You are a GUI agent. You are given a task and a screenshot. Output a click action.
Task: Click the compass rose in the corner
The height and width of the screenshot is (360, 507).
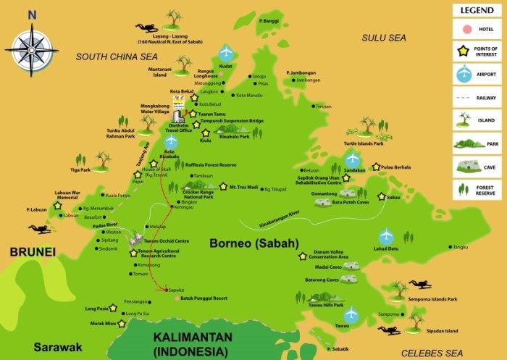coord(31,49)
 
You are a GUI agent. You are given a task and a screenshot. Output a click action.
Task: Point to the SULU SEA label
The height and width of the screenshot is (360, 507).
coord(385,36)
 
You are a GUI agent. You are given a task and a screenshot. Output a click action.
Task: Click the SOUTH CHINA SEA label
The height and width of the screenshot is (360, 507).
coord(117,56)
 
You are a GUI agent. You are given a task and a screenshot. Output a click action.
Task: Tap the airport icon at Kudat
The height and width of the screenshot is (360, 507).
coord(226,53)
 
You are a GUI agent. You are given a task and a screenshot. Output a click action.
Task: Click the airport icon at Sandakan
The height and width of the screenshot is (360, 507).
coord(352,157)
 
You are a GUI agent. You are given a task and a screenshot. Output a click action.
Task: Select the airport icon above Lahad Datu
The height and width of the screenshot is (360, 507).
coord(386,235)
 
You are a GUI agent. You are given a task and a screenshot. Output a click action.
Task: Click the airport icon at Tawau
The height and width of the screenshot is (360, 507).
coord(351,314)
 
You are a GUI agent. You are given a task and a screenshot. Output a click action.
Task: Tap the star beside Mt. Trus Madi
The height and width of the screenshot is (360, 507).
coord(223,186)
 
